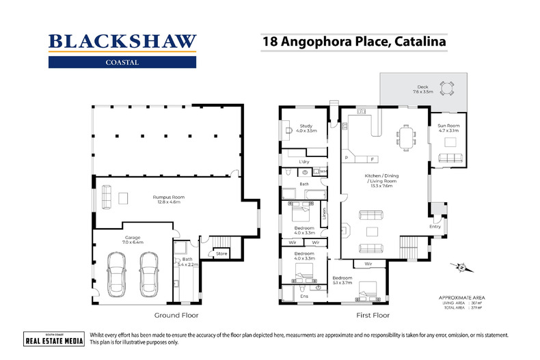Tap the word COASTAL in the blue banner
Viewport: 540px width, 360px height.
(x=122, y=62)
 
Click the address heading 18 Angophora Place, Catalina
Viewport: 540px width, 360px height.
(x=356, y=41)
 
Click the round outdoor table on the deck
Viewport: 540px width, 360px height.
(x=447, y=87)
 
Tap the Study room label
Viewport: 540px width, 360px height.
(x=306, y=128)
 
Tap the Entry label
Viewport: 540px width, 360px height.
(x=435, y=226)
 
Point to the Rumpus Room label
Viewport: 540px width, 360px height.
(x=168, y=199)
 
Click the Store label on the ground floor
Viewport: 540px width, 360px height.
(x=221, y=254)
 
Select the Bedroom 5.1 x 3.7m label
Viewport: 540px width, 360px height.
(x=342, y=280)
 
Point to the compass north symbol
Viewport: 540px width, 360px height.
(x=462, y=268)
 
